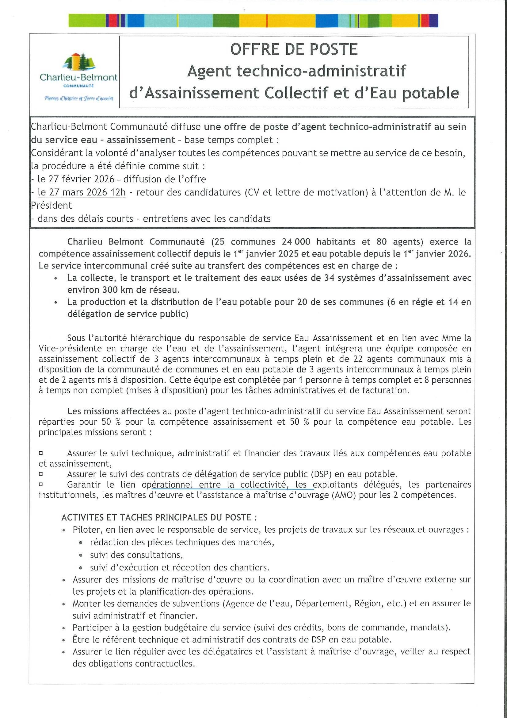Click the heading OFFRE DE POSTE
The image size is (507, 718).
coord(294,49)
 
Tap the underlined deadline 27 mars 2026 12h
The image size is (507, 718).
coord(82,192)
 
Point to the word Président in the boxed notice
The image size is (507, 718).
coord(51,206)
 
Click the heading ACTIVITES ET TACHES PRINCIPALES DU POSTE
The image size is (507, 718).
coord(159,517)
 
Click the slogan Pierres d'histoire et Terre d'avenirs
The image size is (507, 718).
coord(79,98)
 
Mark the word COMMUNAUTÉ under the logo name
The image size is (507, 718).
coord(78,85)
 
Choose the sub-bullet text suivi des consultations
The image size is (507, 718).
coord(136,555)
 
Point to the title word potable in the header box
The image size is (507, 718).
coord(431,93)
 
